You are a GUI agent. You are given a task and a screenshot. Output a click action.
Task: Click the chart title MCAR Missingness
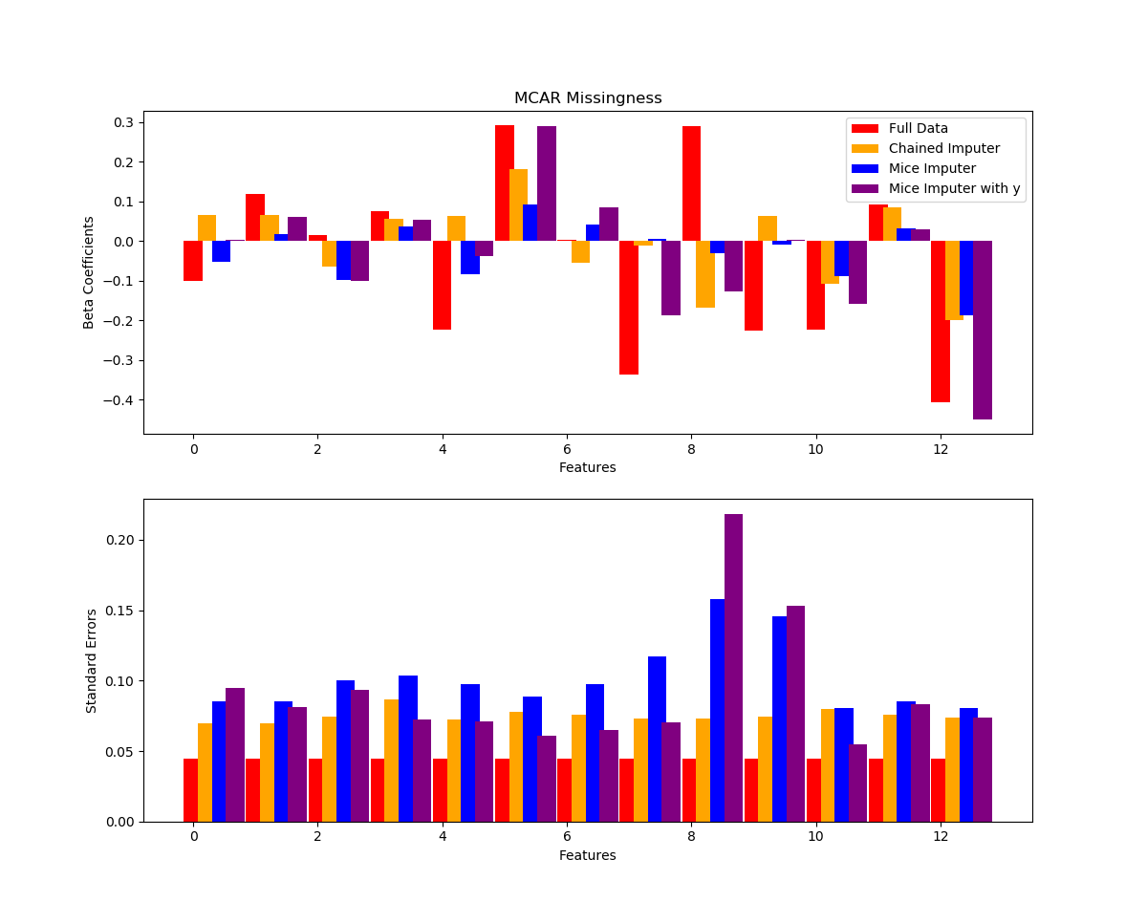[x=587, y=98]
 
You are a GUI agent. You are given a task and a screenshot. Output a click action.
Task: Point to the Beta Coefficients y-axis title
[x=89, y=272]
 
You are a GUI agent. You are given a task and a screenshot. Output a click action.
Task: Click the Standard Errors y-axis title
[x=92, y=660]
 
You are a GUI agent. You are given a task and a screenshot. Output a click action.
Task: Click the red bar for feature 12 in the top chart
[x=941, y=321]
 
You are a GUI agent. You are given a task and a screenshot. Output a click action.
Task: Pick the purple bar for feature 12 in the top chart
[x=983, y=330]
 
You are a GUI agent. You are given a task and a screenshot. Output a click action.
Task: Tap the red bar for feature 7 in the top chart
[x=629, y=308]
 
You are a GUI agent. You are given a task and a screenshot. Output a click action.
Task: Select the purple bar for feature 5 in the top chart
[x=547, y=183]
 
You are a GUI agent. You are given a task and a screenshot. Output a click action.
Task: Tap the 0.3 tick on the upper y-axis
[x=124, y=122]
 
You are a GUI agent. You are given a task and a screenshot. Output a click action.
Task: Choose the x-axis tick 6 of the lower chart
[x=567, y=836]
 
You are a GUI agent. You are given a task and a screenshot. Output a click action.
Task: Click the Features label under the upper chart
[x=587, y=467]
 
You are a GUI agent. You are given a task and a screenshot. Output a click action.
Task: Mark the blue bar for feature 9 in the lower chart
[x=780, y=719]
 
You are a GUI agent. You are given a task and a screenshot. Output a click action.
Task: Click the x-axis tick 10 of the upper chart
[x=815, y=448]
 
